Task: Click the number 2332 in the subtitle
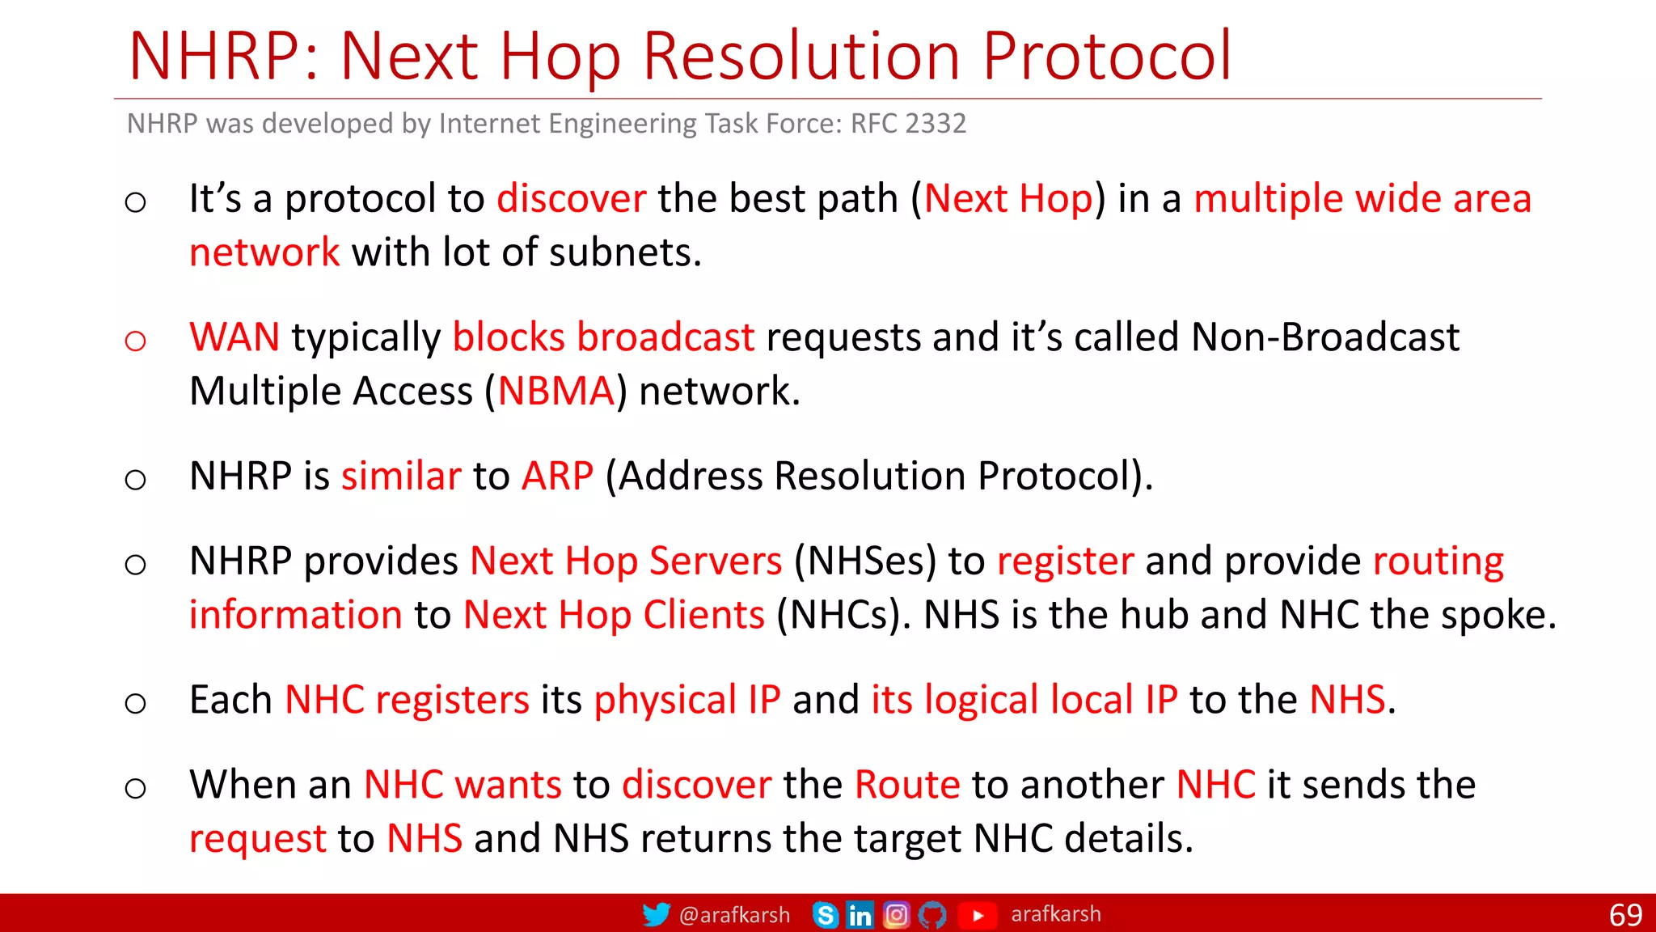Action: [x=936, y=124]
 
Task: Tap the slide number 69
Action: [x=1625, y=915]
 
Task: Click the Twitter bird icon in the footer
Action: [x=656, y=915]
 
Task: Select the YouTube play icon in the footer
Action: [x=978, y=915]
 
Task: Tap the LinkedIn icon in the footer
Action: [x=860, y=915]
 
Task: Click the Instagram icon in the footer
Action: [x=896, y=915]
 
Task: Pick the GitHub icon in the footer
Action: [x=932, y=915]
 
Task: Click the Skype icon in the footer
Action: [x=825, y=915]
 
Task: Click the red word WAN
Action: [x=234, y=337]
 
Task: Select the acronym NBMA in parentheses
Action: [x=556, y=392]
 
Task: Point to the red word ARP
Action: [x=557, y=476]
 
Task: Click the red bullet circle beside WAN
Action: [x=136, y=341]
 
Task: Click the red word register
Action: [x=1065, y=561]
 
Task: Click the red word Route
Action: [x=907, y=785]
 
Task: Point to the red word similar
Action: [x=401, y=476]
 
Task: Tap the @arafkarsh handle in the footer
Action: [x=734, y=915]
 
